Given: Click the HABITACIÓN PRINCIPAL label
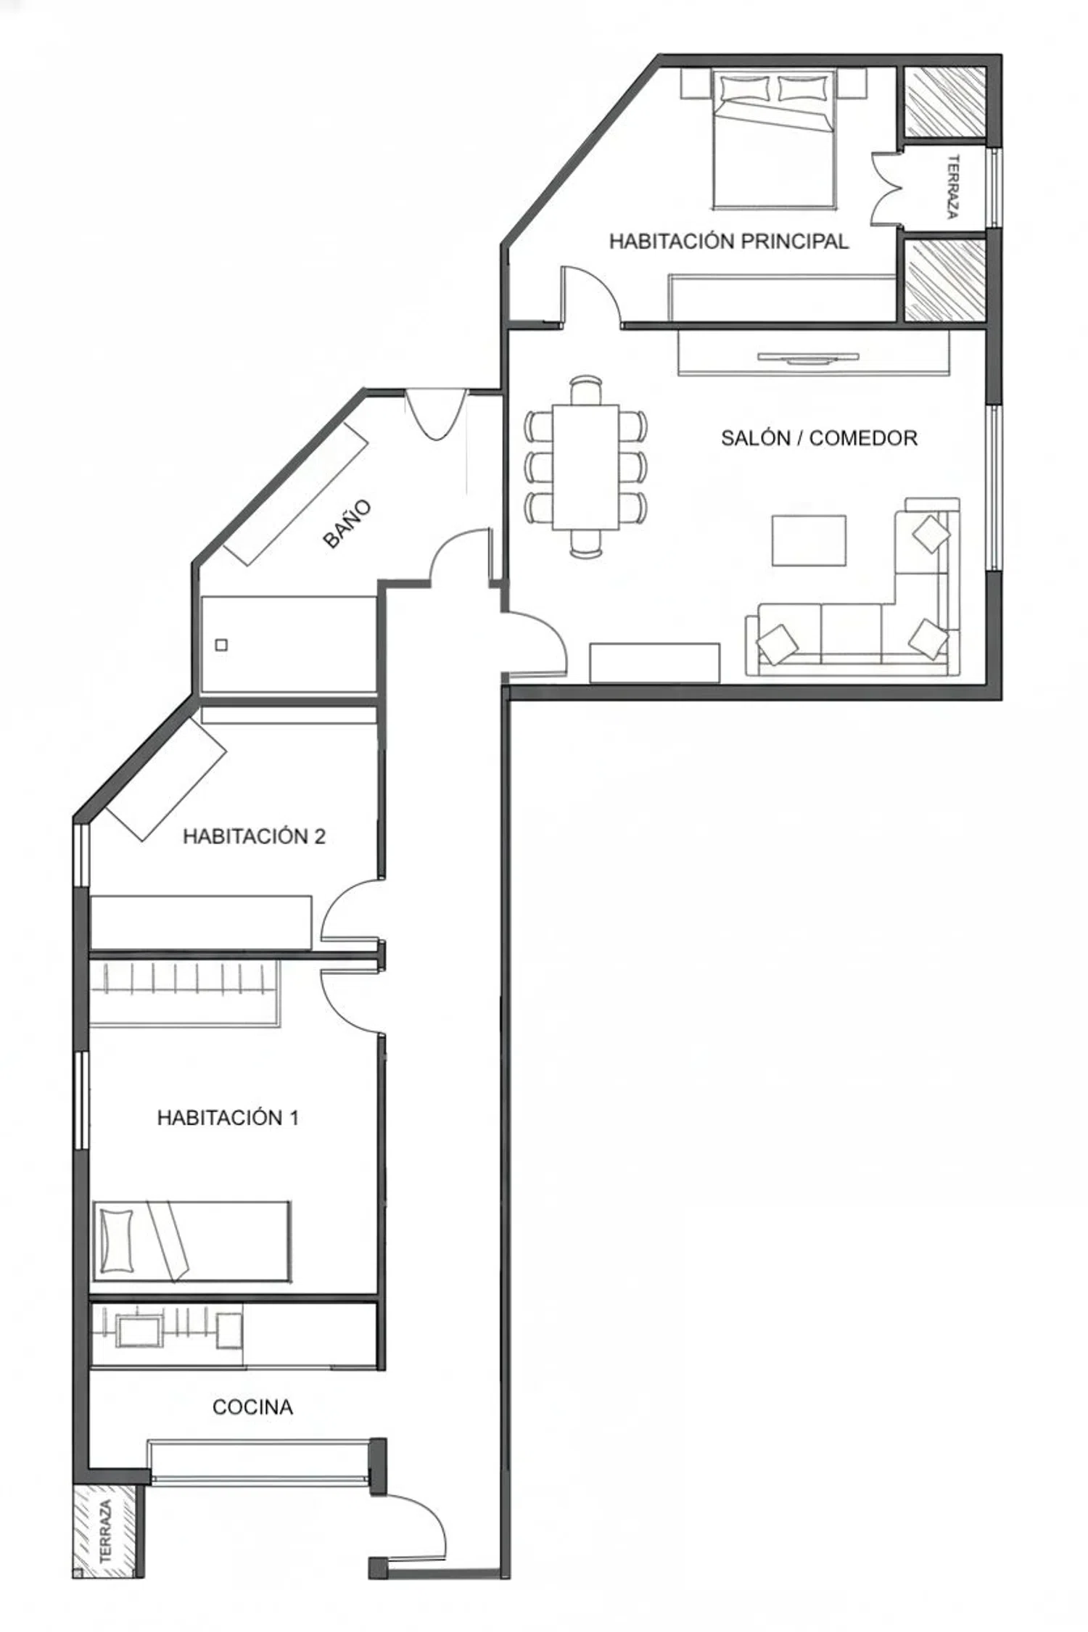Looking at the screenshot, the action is (x=728, y=241).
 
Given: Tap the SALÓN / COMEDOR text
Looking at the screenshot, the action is (x=819, y=438).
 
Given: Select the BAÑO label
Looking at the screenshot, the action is (x=347, y=523).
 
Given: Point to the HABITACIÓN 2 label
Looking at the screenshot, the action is (x=254, y=836).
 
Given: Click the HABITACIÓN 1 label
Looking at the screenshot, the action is (x=228, y=1118).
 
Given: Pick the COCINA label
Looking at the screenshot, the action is (x=252, y=1407).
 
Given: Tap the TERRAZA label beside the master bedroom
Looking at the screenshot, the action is (x=953, y=186).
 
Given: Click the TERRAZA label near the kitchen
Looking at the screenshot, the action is (x=106, y=1530).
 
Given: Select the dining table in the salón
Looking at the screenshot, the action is (x=585, y=467).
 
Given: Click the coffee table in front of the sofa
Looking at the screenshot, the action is (x=809, y=540).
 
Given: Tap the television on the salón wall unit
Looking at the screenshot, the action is (x=808, y=357).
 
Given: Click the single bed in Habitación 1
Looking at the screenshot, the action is (x=191, y=1242).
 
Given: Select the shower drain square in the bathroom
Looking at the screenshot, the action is (x=222, y=645).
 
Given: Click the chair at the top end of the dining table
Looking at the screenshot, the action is (x=585, y=390).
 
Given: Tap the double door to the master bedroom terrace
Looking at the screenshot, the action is (x=886, y=188).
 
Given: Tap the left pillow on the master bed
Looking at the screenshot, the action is (x=745, y=88).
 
